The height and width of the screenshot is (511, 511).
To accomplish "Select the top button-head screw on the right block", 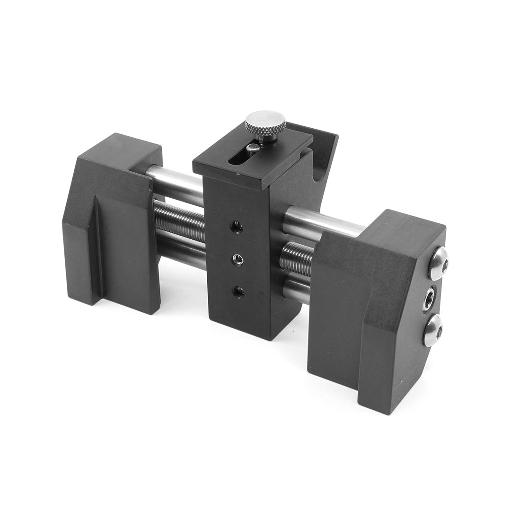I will point(438,263).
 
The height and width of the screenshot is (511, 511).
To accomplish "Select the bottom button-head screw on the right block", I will point(434,331).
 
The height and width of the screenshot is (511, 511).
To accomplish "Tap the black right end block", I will point(374,322).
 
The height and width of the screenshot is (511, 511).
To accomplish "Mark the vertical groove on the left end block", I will point(97,251).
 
